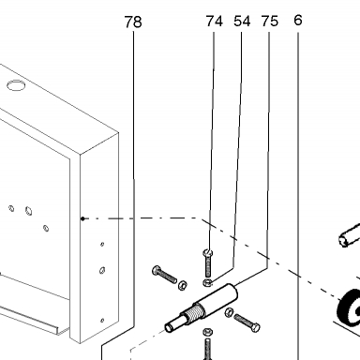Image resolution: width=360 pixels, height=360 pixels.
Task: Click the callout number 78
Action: [x=133, y=22]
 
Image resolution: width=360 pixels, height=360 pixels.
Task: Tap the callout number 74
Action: [x=215, y=22]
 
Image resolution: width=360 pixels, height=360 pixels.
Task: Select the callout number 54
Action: [x=242, y=22]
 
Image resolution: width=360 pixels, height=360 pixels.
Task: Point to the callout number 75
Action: [x=269, y=22]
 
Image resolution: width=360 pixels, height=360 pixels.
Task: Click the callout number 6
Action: [x=298, y=21]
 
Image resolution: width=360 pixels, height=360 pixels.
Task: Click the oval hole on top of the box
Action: [x=16, y=85]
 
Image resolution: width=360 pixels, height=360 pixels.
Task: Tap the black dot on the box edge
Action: [x=82, y=218]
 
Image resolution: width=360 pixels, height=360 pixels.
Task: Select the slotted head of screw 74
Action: [x=208, y=252]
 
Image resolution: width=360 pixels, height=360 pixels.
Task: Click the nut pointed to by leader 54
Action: [x=207, y=283]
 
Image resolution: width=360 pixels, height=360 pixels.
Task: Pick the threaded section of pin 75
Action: [x=196, y=311]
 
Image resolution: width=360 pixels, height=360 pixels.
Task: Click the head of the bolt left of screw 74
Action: [x=157, y=270]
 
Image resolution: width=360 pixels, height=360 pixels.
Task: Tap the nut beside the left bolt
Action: [x=183, y=285]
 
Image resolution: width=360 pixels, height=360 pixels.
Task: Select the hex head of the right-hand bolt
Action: [x=255, y=328]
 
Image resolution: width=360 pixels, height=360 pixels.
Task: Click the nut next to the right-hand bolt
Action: [x=229, y=312]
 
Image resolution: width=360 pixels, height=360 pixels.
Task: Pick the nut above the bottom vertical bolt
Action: [x=207, y=331]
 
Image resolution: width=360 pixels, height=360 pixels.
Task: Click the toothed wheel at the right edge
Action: [x=349, y=308]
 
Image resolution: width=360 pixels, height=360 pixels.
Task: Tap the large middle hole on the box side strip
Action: [x=102, y=270]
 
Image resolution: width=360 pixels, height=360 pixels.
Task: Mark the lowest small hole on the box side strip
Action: [x=102, y=321]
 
